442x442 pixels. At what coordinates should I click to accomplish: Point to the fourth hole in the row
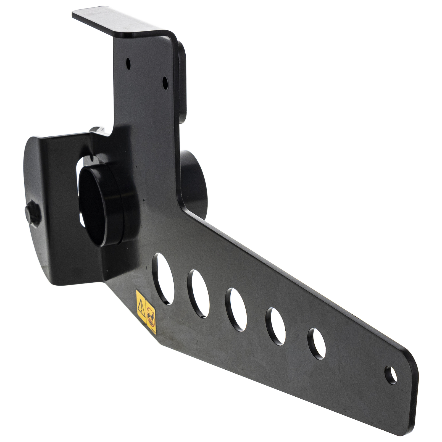[275, 326]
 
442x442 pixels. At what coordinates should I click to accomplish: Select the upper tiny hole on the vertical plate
[128, 64]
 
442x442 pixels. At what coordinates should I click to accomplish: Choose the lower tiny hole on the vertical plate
[165, 81]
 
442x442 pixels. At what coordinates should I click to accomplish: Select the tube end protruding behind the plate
[193, 182]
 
